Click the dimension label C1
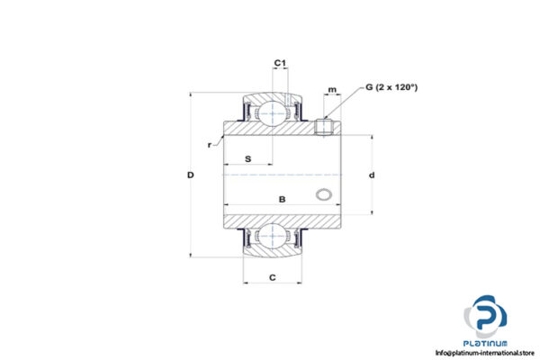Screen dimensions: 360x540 (x=280, y=62)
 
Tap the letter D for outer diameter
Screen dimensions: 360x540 (x=191, y=175)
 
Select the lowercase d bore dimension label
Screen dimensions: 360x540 (x=371, y=175)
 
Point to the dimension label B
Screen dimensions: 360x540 (x=282, y=198)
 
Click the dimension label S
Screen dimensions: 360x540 (x=247, y=159)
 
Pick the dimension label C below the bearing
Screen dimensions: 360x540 (x=272, y=277)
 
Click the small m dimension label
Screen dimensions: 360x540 (x=332, y=90)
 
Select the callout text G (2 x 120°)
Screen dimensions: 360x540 (x=393, y=87)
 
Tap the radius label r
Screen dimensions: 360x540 (x=209, y=144)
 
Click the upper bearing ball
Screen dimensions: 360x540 (x=273, y=112)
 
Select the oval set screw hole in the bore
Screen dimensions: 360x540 (x=324, y=194)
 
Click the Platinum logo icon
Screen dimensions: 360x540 (x=487, y=316)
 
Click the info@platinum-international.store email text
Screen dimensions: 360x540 (x=485, y=353)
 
